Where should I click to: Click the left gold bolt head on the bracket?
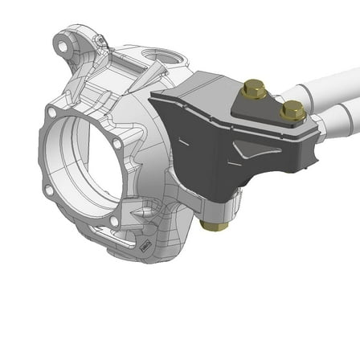pos(254,89)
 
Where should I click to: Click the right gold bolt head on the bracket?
pos(292,110)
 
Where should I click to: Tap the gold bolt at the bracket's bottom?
pos(215,224)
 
